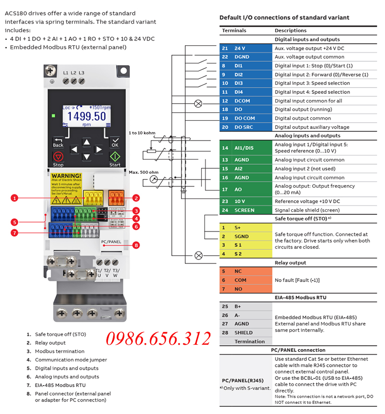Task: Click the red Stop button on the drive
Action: coord(58,157)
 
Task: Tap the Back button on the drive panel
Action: coord(58,142)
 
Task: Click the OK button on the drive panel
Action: coord(115,142)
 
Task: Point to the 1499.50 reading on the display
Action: coord(87,116)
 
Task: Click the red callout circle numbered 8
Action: coord(136,245)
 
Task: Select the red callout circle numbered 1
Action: coord(15,197)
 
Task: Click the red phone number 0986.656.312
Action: coord(158,338)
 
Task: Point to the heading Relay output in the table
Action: coord(290,263)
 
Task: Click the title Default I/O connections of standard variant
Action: coord(284,18)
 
